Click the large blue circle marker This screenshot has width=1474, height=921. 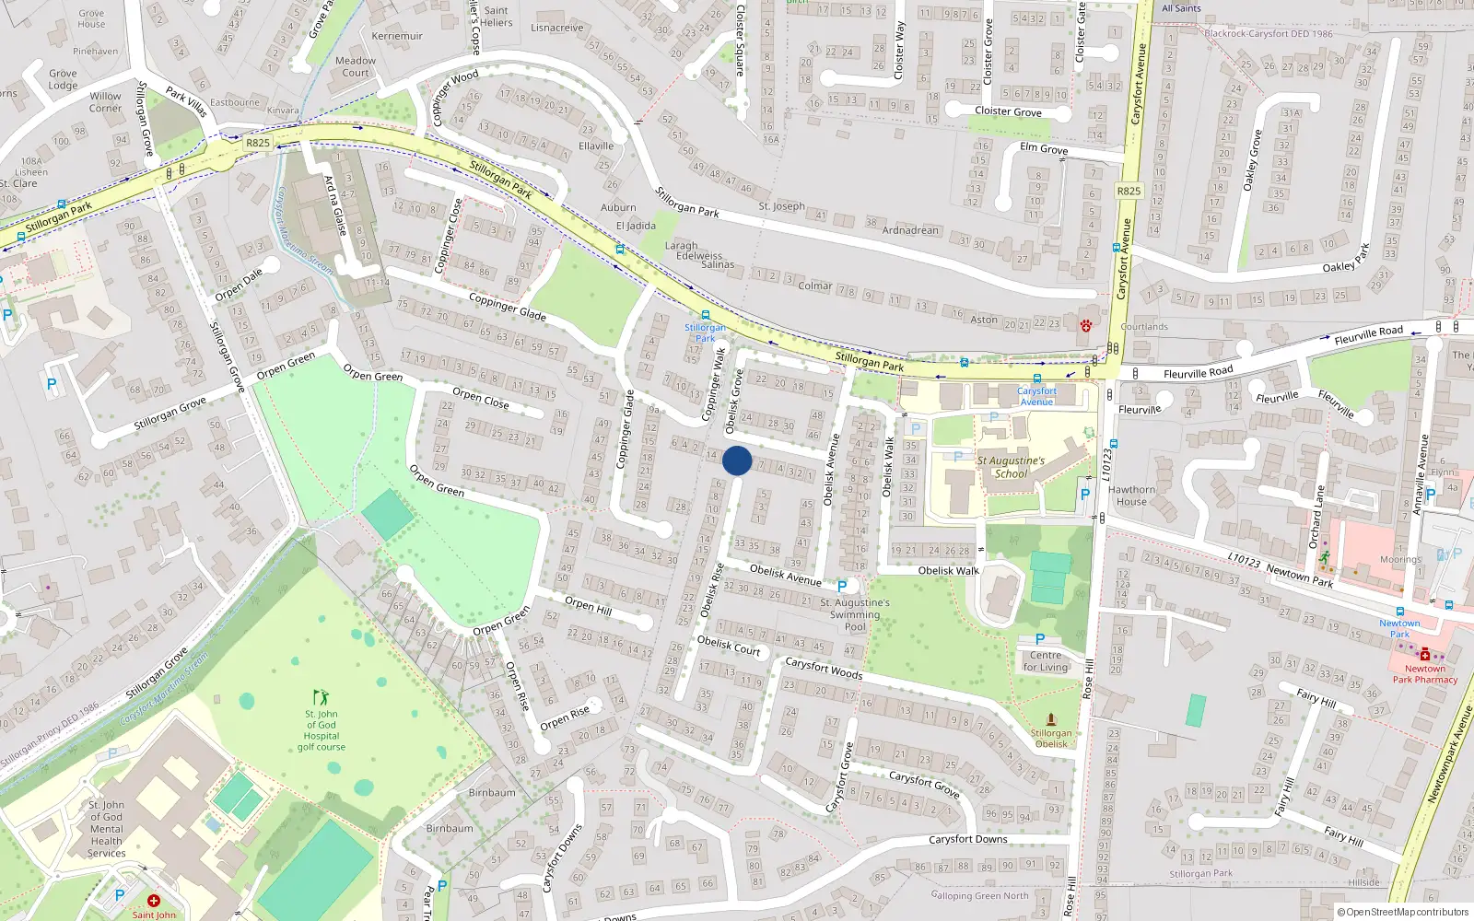pyautogui.click(x=737, y=460)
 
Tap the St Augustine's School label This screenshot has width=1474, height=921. pyautogui.click(x=1011, y=467)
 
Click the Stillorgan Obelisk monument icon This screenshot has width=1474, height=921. pyautogui.click(x=1051, y=719)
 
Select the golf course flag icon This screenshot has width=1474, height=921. pyautogui.click(x=321, y=697)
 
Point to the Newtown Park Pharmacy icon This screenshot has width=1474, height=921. pyautogui.click(x=1425, y=654)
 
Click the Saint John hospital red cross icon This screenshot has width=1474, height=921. pyautogui.click(x=153, y=901)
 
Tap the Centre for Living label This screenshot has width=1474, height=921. pyautogui.click(x=1046, y=661)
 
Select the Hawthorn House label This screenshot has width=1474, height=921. pyautogui.click(x=1131, y=495)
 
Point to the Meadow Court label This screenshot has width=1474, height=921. pyautogui.click(x=356, y=66)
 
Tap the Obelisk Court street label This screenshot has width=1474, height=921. pyautogui.click(x=729, y=646)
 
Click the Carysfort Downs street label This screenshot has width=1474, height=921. pyautogui.click(x=967, y=839)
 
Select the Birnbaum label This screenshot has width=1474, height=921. pyautogui.click(x=492, y=792)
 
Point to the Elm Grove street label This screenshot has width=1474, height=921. pyautogui.click(x=1044, y=148)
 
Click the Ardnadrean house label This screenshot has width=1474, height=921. pyautogui.click(x=910, y=229)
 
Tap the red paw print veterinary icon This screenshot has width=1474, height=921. pyautogui.click(x=1085, y=324)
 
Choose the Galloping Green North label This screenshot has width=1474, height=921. pyautogui.click(x=979, y=895)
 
